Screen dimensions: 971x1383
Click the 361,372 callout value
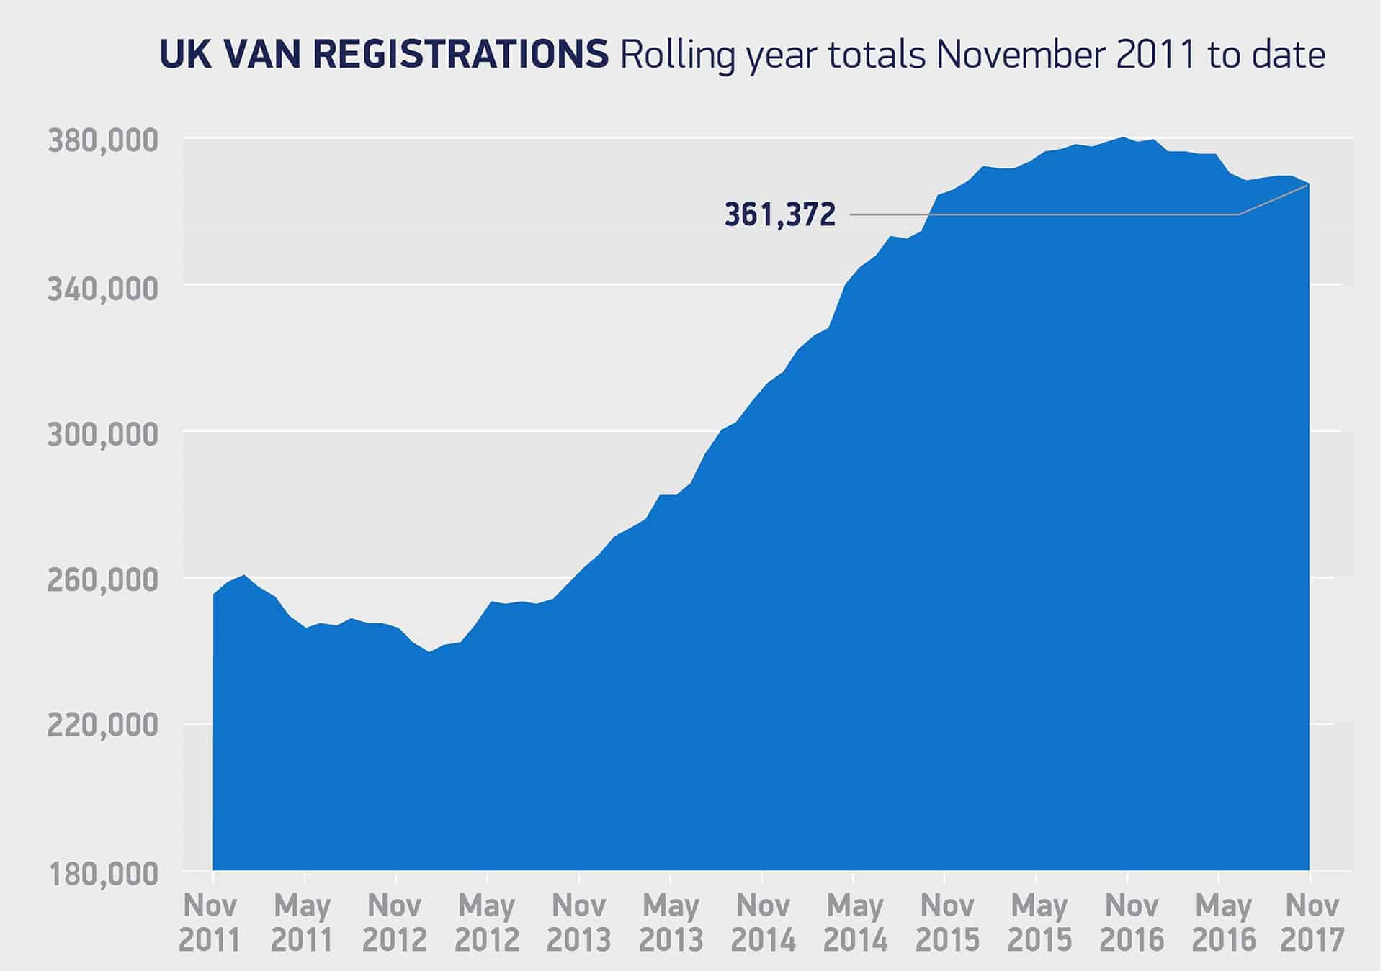pyautogui.click(x=780, y=214)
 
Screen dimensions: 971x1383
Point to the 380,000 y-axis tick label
pyautogui.click(x=102, y=141)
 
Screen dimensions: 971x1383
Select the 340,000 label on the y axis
pyautogui.click(x=102, y=288)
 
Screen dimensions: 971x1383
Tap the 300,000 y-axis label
pyautogui.click(x=102, y=435)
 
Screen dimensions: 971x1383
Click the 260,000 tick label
pyautogui.click(x=102, y=581)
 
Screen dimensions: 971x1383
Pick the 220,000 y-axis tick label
pyautogui.click(x=102, y=726)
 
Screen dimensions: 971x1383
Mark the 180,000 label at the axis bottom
pyautogui.click(x=102, y=875)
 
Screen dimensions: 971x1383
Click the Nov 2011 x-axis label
pyautogui.click(x=210, y=923)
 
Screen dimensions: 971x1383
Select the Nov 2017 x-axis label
pyautogui.click(x=1312, y=923)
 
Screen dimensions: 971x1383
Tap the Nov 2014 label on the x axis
pyautogui.click(x=763, y=923)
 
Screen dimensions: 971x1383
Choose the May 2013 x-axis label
pyautogui.click(x=671, y=923)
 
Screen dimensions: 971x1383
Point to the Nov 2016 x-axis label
pyautogui.click(x=1131, y=923)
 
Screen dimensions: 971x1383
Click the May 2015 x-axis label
pyautogui.click(x=1039, y=923)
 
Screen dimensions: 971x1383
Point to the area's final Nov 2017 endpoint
pyautogui.click(x=1308, y=185)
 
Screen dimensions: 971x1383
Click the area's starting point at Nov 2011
pyautogui.click(x=214, y=594)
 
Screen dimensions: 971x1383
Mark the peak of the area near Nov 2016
pyautogui.click(x=1123, y=137)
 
